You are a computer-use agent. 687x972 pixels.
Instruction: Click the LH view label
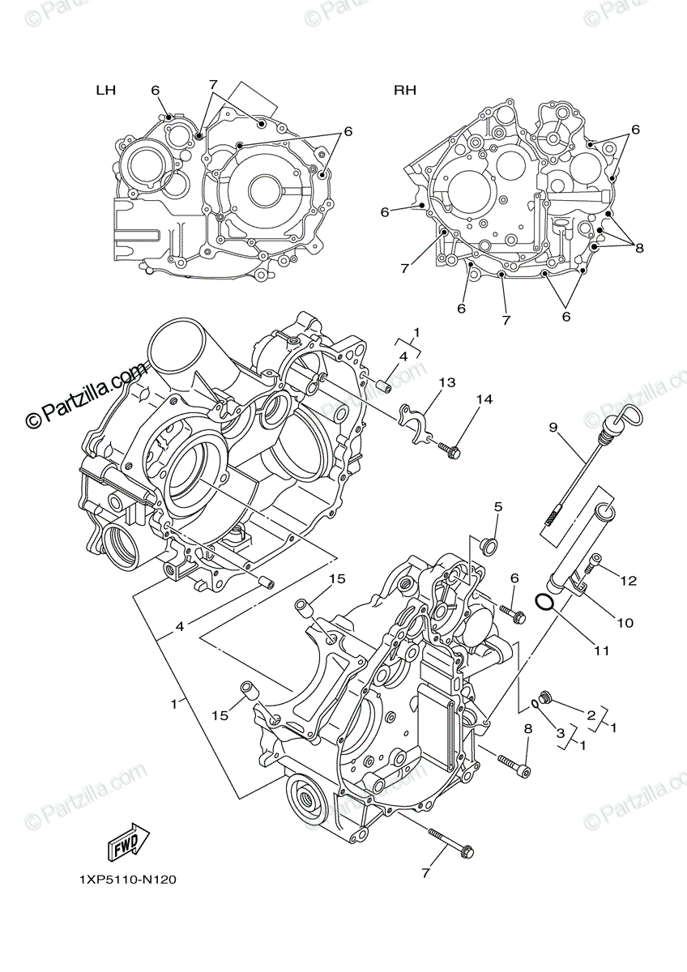[105, 91]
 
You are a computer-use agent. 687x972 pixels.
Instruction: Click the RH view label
[405, 91]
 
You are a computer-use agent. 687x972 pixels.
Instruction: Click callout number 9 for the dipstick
[553, 427]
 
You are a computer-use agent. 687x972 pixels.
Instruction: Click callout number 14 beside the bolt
[484, 399]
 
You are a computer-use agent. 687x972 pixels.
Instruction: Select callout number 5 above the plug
[498, 507]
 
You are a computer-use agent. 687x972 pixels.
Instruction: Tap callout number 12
[629, 581]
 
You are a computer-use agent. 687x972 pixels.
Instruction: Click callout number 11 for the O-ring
[602, 650]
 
